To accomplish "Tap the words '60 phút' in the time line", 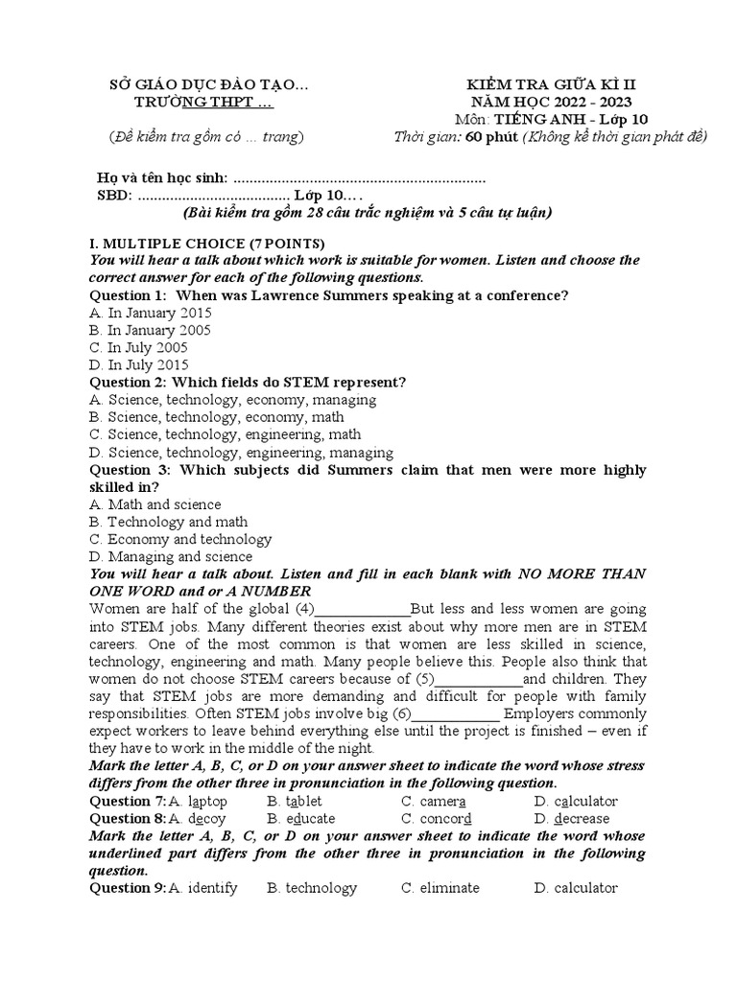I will [x=492, y=137].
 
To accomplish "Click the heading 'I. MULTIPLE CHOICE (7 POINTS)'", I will [x=206, y=243].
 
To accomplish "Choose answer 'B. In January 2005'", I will [x=150, y=330].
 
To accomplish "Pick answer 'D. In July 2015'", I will [x=138, y=364].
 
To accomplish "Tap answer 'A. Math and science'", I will [x=155, y=504].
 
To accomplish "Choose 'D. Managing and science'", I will [x=170, y=556].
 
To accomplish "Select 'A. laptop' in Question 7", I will [x=198, y=801].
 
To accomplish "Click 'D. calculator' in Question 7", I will [x=576, y=801].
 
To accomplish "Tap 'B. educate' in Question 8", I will [x=301, y=818].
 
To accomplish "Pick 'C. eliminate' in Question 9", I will [x=440, y=888].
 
